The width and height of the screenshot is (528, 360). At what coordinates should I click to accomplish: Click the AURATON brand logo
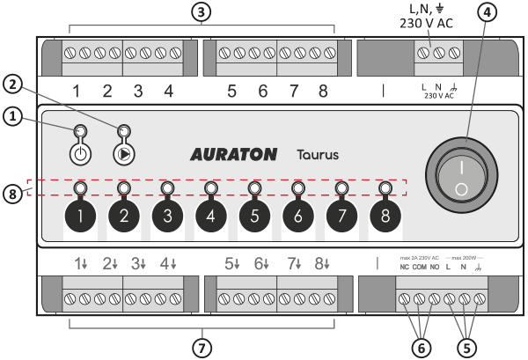237,154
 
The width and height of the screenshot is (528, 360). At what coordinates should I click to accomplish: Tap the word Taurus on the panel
317,154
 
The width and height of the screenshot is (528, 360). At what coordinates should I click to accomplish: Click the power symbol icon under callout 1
79,152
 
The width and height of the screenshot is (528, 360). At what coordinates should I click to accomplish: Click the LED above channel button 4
210,188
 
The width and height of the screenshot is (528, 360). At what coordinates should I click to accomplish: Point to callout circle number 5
466,346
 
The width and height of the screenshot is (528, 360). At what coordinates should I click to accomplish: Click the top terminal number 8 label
324,91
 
